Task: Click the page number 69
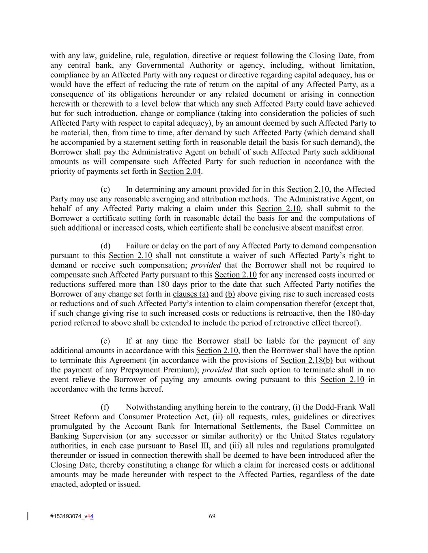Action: pos(212,516)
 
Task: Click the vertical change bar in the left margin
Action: pos(28,516)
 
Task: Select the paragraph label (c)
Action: pos(105,189)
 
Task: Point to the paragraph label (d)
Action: pos(105,246)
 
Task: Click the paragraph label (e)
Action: pos(105,341)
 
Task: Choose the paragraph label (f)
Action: pos(105,407)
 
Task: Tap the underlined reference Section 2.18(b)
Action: pos(306,360)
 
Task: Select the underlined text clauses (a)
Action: pos(191,294)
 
